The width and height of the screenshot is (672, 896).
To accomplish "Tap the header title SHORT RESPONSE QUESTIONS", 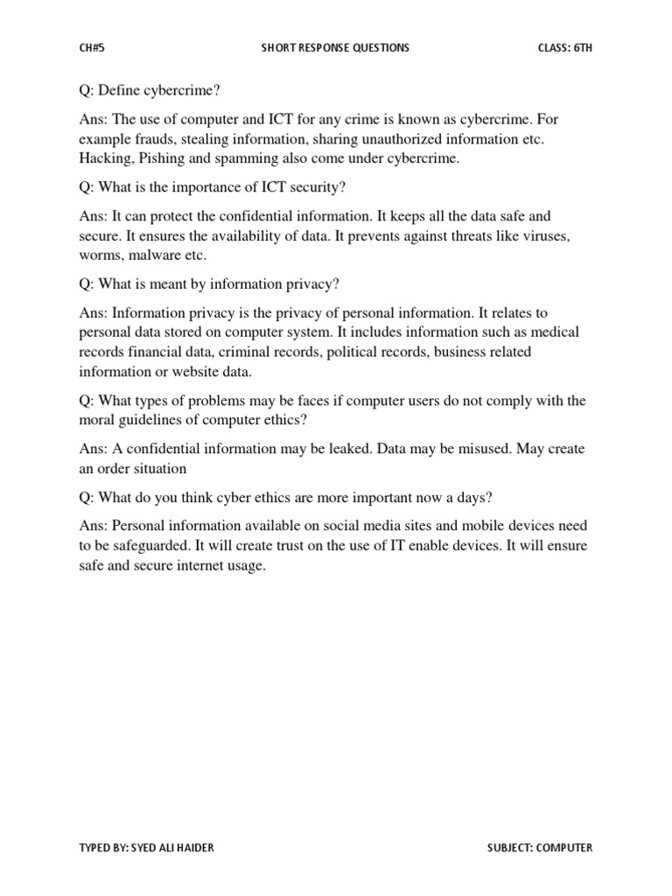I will point(335,48).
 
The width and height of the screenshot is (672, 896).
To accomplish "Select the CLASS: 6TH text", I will point(565,48).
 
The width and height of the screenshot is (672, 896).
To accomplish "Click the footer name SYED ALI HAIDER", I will point(178,848).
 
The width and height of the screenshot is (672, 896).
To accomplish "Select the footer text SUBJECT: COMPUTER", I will point(540,848).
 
